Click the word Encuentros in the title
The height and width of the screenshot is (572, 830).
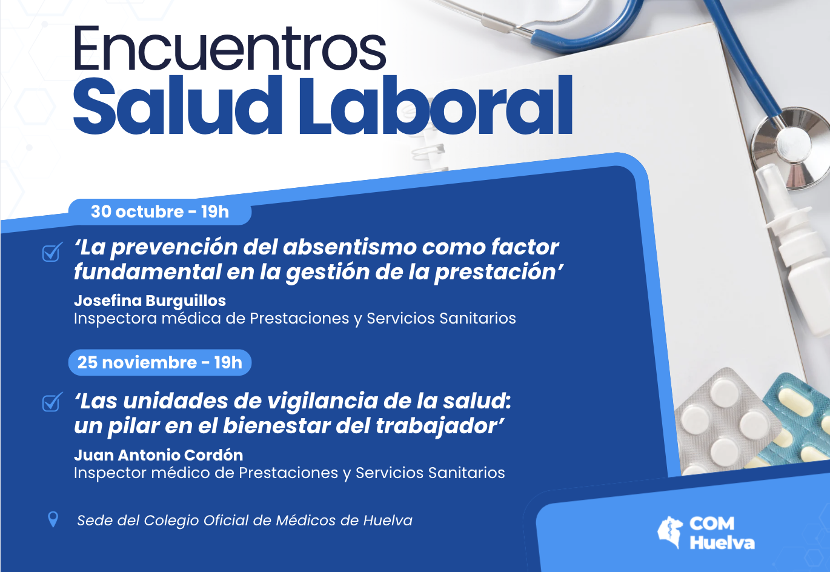pos(229,48)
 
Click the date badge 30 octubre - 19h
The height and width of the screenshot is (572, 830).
pos(160,211)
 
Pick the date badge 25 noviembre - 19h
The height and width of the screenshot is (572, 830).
pos(160,362)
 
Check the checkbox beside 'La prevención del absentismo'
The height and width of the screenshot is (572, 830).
pos(52,252)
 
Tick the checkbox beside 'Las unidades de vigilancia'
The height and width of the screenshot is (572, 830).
pos(52,402)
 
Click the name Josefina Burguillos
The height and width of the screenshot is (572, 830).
pos(150,301)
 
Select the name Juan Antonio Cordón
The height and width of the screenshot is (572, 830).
pos(158,455)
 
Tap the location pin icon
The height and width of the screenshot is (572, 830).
pos(53,519)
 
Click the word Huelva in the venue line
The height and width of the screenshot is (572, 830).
pos(388,520)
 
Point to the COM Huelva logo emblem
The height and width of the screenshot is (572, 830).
pos(671,532)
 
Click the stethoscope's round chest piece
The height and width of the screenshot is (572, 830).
pos(788,145)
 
